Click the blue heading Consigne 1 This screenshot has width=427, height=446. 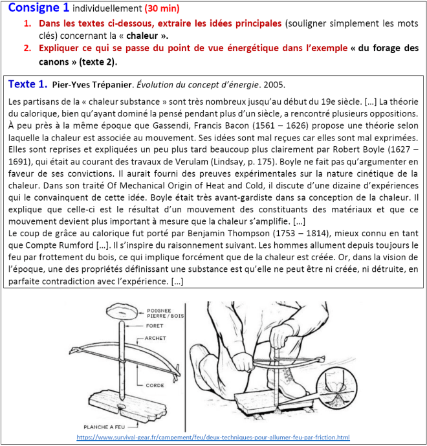tap(38, 8)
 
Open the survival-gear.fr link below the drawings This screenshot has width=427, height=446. tap(213, 438)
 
